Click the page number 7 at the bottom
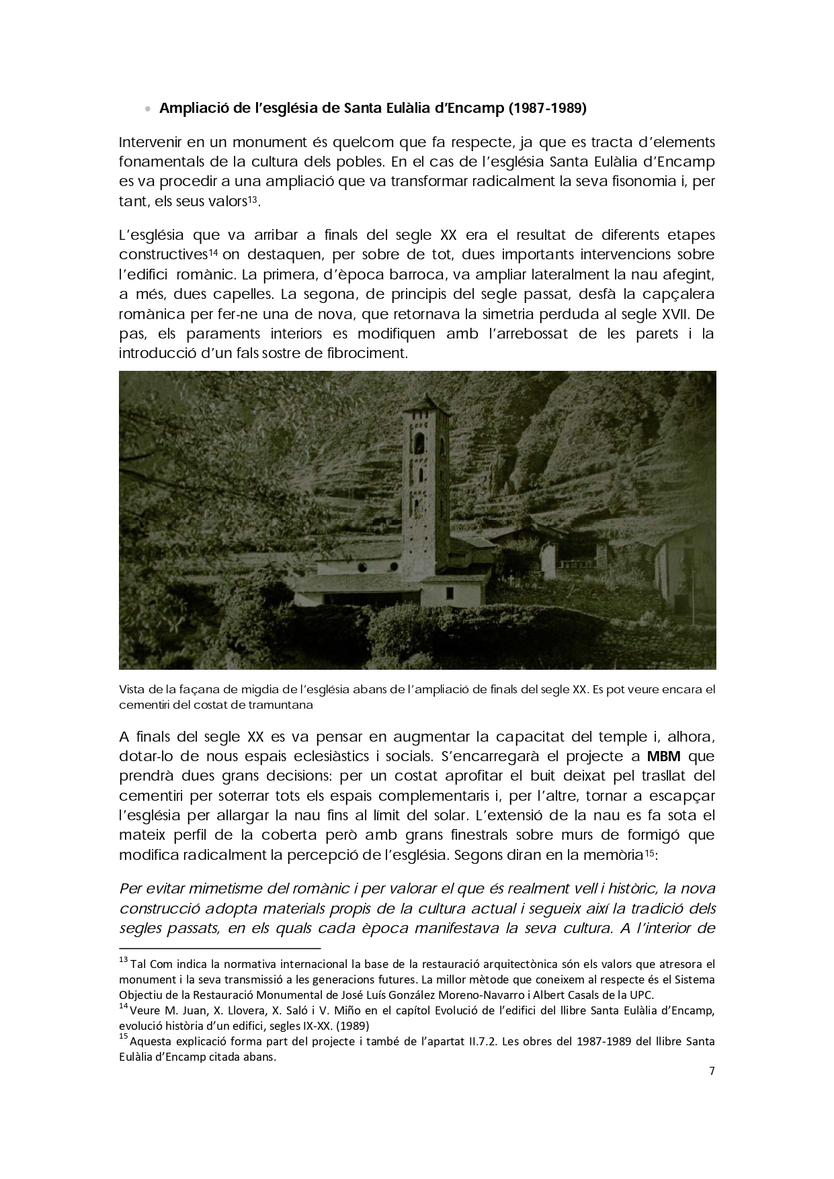(712, 1072)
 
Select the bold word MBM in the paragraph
(664, 756)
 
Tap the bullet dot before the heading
(148, 109)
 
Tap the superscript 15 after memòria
(650, 853)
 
